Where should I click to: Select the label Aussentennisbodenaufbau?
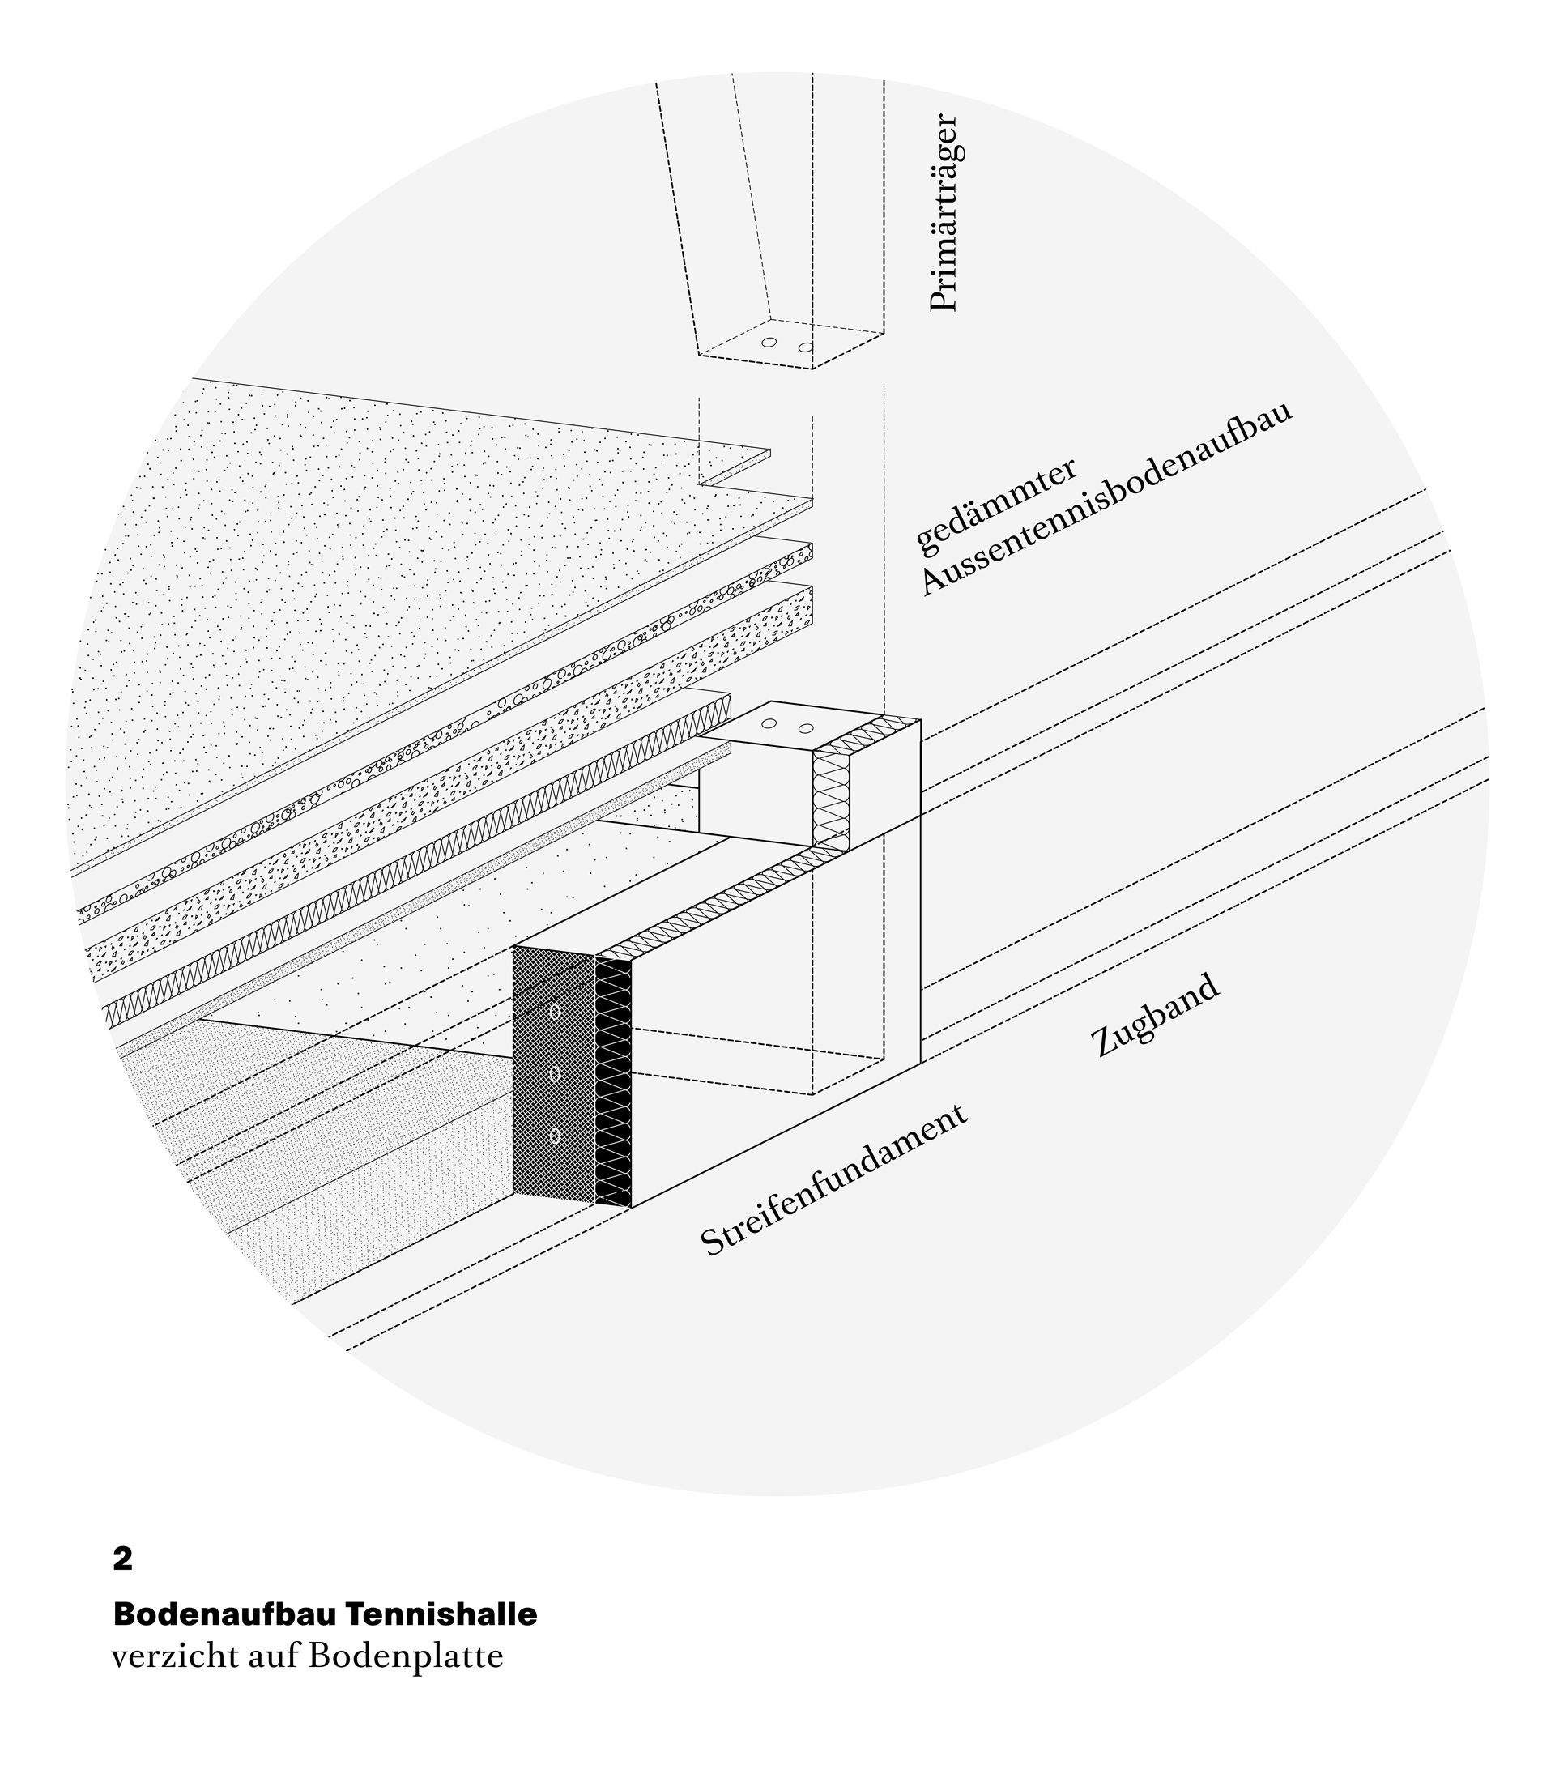click(1106, 498)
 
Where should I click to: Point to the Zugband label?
click(1155, 1016)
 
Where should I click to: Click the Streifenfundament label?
click(834, 1180)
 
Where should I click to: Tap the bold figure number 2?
click(122, 1560)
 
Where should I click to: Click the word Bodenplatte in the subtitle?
click(405, 1656)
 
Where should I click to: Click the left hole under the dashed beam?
click(769, 342)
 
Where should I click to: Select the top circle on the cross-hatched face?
click(555, 1011)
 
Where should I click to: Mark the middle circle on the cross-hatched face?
click(555, 1075)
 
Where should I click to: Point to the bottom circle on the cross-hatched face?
click(555, 1136)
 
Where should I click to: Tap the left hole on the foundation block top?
click(769, 723)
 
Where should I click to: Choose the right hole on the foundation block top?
click(805, 727)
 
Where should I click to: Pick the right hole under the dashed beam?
click(805, 347)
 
